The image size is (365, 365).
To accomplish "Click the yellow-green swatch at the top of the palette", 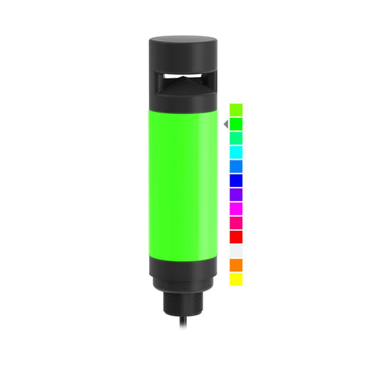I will tap(236, 110).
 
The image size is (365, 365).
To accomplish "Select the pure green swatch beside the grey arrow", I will tap(236, 124).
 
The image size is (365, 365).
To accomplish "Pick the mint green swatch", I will tap(236, 138).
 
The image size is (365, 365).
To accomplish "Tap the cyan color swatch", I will tap(236, 152).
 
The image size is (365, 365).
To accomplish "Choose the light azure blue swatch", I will tap(236, 166).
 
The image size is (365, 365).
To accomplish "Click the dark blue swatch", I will tap(236, 180).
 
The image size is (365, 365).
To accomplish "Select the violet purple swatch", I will tap(236, 195).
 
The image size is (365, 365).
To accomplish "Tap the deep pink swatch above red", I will tap(236, 222).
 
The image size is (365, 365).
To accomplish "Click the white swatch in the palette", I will tap(236, 251).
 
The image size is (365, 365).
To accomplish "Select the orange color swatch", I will tap(236, 265).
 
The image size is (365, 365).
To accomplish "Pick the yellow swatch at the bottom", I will tap(236, 279).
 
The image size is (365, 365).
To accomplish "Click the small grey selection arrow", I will tap(225, 124).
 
